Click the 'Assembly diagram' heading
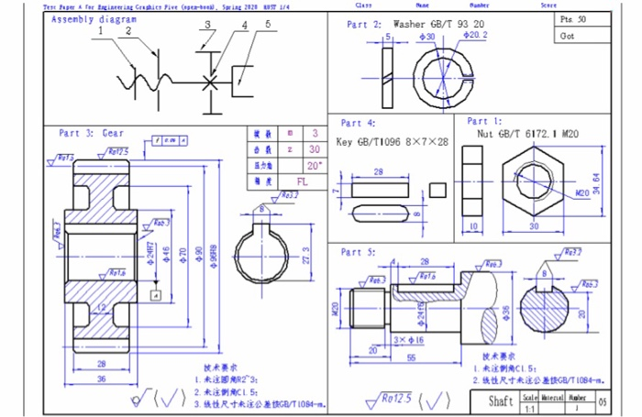click(94, 19)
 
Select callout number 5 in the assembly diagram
click(268, 25)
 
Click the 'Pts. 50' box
click(574, 19)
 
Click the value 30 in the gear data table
click(315, 149)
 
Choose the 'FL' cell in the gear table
click(315, 181)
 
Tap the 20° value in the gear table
click(315, 166)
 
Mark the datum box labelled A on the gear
click(157, 295)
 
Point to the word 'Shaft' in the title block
click(501, 401)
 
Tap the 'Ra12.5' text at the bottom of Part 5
click(398, 399)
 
